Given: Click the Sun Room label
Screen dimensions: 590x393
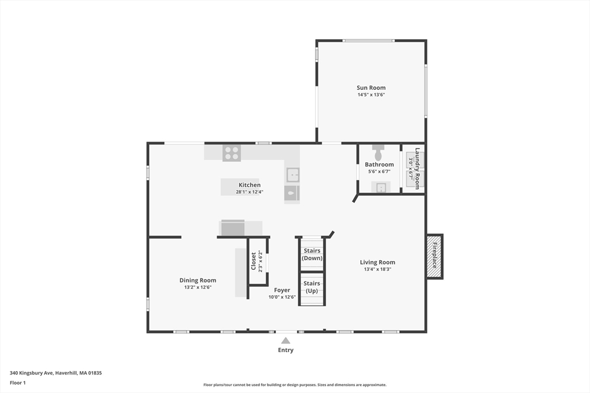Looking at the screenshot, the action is (371, 88).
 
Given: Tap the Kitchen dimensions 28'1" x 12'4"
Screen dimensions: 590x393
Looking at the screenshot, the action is (249, 192).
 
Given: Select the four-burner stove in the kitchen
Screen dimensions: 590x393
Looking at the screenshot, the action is (232, 153).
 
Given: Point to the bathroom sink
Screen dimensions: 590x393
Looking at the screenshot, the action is (381, 187).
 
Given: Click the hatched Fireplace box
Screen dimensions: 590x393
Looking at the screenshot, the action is (434, 257).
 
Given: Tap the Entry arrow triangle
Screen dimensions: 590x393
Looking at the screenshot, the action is (286, 341).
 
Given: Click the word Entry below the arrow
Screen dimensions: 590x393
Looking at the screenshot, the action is (286, 350).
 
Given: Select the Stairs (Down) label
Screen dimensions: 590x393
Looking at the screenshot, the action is (312, 254).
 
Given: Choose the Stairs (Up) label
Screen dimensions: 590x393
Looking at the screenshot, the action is (312, 287).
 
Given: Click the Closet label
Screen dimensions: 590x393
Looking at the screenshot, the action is (254, 261).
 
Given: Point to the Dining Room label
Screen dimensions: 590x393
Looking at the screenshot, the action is (198, 280).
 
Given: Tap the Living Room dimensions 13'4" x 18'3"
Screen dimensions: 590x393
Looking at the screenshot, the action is (377, 269).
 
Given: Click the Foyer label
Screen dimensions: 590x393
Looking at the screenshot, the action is (282, 290).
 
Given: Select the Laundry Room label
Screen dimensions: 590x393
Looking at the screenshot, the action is (417, 169).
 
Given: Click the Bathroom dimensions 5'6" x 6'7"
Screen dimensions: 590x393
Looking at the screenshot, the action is (379, 171).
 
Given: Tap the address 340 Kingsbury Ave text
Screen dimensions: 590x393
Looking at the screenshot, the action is (32, 373).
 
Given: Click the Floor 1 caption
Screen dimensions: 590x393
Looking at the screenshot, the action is (18, 383).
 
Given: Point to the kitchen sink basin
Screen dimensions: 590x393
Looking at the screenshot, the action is (292, 175).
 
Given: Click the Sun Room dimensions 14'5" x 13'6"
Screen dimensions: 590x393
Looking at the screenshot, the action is (371, 95).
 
